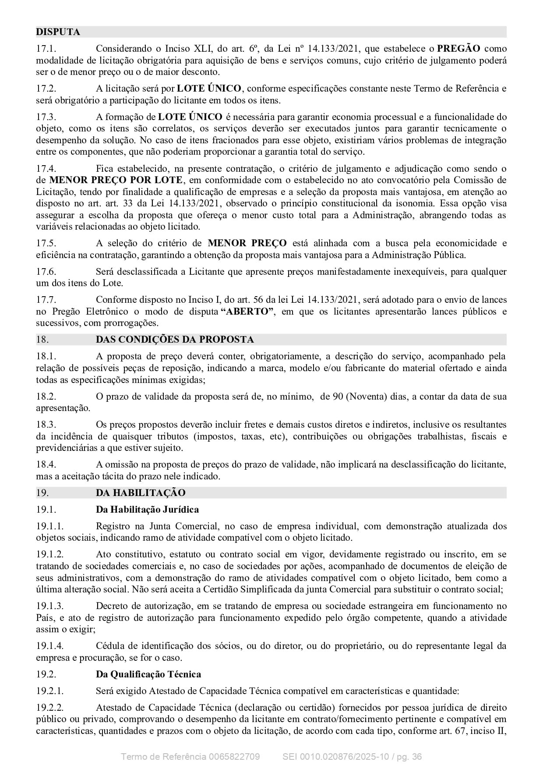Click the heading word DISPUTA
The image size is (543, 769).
58,32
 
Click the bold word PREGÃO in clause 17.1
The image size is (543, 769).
458,49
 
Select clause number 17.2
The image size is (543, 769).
46,89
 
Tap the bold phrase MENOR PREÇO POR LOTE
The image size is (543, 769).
116,180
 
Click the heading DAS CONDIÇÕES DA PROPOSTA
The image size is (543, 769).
175,340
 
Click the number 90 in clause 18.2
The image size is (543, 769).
338,397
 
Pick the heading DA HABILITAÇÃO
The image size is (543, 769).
141,493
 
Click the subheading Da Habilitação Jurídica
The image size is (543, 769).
147,510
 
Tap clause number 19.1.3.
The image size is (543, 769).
49,606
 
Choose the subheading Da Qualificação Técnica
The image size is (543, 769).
148,674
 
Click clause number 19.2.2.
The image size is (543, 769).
49,708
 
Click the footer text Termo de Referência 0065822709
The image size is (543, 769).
190,757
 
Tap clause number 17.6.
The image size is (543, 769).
46,272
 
